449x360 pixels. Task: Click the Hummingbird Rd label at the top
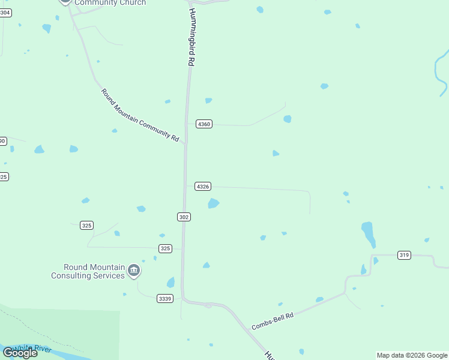[x=191, y=37]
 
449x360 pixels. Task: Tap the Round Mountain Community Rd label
[x=140, y=115]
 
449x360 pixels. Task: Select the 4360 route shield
[x=204, y=124]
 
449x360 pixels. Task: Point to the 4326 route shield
[x=203, y=187]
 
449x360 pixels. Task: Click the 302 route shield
[x=184, y=217]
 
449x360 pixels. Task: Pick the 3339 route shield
[x=164, y=298]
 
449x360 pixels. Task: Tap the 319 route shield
[x=404, y=255]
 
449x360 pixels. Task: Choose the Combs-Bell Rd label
[x=273, y=321]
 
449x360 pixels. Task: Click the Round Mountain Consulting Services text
[x=88, y=271]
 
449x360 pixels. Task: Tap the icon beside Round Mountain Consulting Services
[x=134, y=271]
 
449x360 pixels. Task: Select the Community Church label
[x=110, y=3]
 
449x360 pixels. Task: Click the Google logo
[x=20, y=353]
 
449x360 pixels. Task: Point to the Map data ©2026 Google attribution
[x=412, y=355]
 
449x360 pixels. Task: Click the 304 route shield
[x=5, y=12]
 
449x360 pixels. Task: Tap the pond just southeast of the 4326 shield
[x=213, y=204]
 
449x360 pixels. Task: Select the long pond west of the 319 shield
[x=368, y=233]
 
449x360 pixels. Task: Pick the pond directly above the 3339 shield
[x=171, y=283]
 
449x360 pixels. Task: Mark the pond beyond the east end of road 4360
[x=288, y=119]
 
